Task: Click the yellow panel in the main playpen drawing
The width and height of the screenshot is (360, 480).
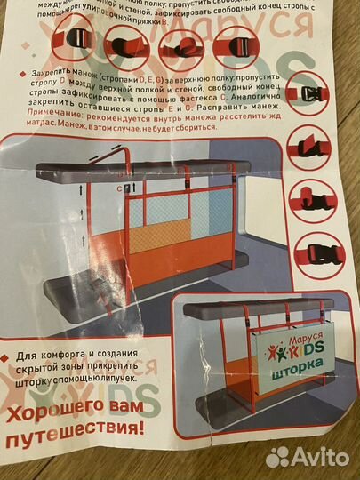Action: (199, 218)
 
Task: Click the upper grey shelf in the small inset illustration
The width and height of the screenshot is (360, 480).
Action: (258, 311)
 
